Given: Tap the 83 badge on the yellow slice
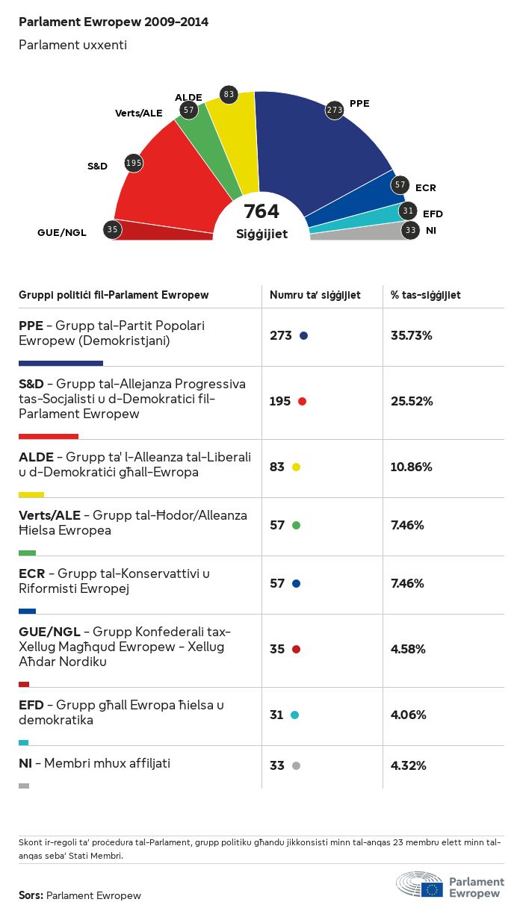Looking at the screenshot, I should point(229,95).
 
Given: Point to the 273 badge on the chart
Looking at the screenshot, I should point(334,111).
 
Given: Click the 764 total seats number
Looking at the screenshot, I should point(261,211).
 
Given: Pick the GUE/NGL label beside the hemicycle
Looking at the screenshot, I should point(62,232).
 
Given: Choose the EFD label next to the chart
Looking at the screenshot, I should point(433,214).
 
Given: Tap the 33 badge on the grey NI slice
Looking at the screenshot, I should point(410,230).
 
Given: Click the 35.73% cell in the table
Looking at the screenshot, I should point(412,336).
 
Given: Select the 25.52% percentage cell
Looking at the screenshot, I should point(412,402).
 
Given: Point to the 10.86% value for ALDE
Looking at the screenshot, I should point(412,467).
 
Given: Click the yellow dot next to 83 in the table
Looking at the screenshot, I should point(296,467).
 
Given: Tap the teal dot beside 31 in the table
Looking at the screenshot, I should point(294,715).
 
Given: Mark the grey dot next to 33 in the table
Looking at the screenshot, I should point(296,766).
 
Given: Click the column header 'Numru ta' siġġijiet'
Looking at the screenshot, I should point(315,296).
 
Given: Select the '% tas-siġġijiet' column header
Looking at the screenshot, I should point(426,296).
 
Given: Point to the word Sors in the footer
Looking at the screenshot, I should point(31,895).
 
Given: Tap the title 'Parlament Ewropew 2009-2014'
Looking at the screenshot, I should point(114,22).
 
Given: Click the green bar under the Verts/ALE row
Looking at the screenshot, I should point(27,553).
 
